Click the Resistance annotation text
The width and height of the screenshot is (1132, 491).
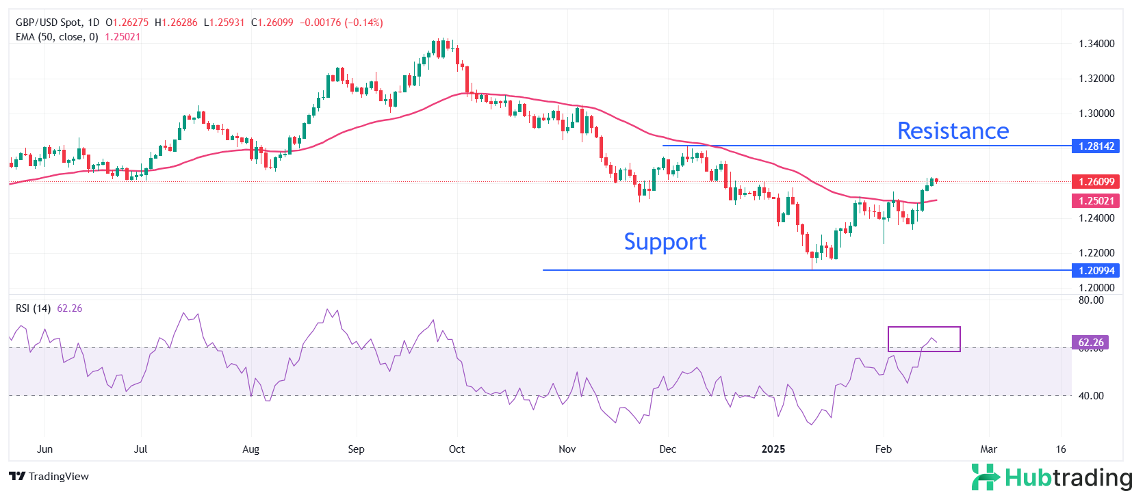click(x=953, y=131)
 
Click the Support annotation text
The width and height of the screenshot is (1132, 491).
click(x=665, y=241)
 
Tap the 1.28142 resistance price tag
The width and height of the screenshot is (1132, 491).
click(x=1096, y=146)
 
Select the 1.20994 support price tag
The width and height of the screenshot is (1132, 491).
click(x=1096, y=270)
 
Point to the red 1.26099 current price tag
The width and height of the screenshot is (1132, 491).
click(x=1096, y=181)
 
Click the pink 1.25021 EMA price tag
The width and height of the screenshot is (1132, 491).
click(x=1096, y=200)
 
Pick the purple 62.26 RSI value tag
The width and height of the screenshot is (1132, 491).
click(x=1090, y=342)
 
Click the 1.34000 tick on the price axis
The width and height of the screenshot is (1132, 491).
click(x=1096, y=44)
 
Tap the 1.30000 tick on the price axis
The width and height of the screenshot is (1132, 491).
click(x=1096, y=114)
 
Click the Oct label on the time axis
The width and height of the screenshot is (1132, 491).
click(x=456, y=449)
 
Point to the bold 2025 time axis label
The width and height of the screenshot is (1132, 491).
click(x=773, y=449)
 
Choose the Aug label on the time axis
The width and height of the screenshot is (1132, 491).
click(x=251, y=449)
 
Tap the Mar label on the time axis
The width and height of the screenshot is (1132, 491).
click(x=988, y=449)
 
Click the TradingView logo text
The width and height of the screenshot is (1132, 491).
click(x=49, y=477)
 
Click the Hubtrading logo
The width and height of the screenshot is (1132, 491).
click(x=1052, y=477)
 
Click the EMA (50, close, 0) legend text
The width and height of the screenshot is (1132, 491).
click(x=57, y=37)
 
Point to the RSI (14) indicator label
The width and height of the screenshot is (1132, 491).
click(x=33, y=308)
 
